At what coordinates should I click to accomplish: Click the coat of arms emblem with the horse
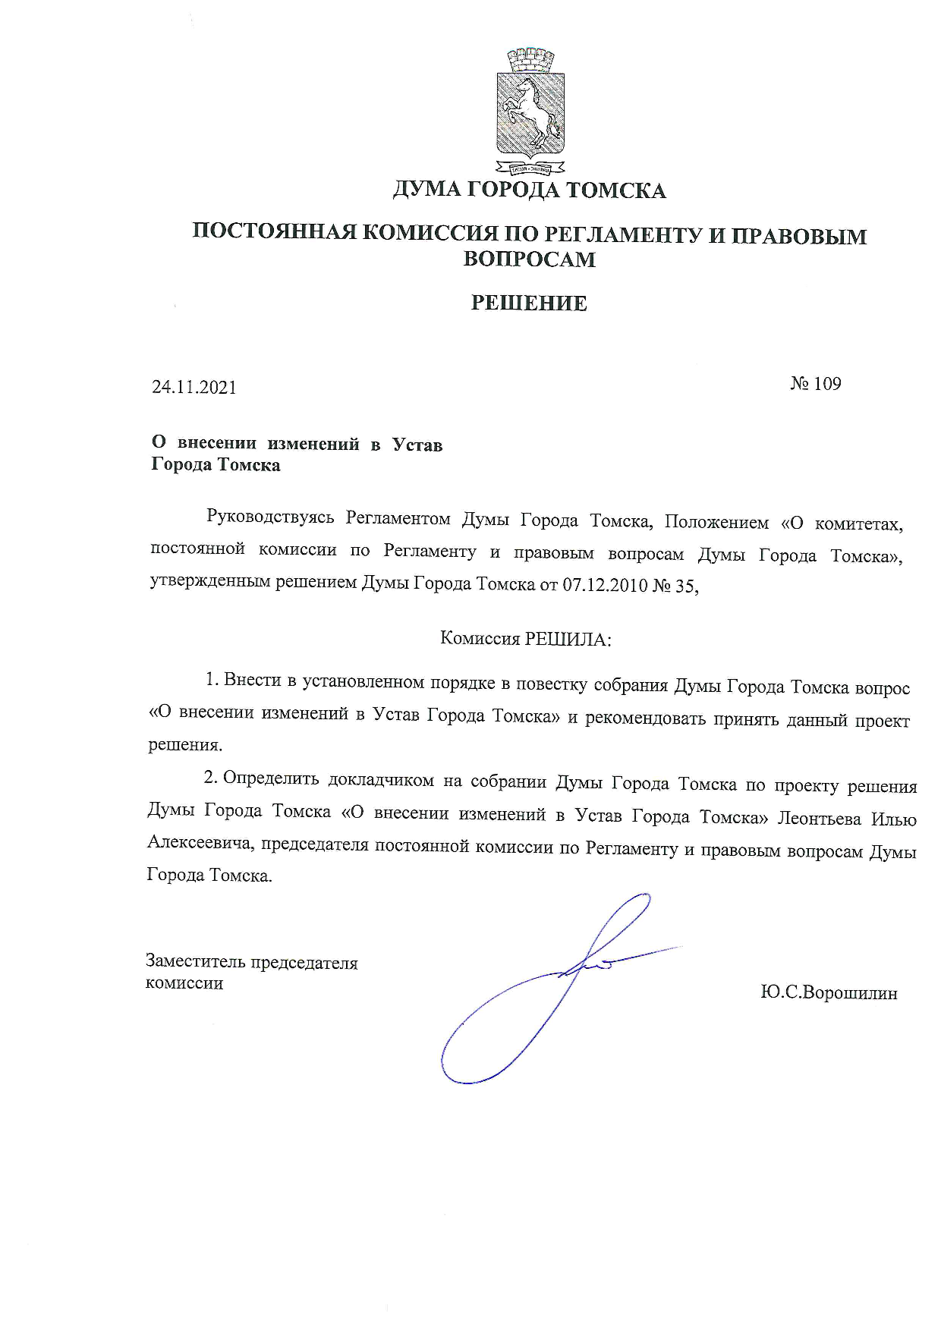point(530,111)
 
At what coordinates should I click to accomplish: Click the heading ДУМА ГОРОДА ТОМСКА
point(529,190)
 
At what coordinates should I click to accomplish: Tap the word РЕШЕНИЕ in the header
point(529,303)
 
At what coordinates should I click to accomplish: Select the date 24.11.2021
point(194,387)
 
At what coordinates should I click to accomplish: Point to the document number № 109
point(816,384)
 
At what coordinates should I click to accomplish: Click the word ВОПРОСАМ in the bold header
point(529,259)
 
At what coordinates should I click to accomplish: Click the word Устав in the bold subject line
point(417,445)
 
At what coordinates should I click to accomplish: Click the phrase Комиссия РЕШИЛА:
point(526,639)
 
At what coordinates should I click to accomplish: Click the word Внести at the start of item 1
point(250,681)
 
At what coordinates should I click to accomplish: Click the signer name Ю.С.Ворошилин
point(829,993)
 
